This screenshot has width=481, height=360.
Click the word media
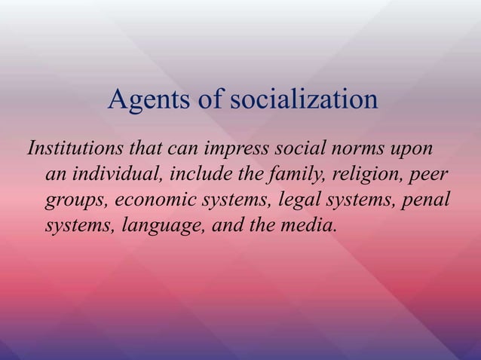click(x=311, y=228)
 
